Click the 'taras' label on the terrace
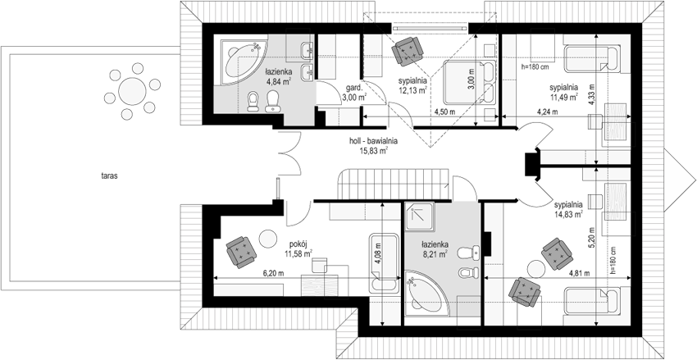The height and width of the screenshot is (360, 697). point(109,176)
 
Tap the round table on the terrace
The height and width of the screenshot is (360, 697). point(132,91)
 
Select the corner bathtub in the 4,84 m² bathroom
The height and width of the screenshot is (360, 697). point(244,62)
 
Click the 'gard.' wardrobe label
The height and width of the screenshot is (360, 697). point(348,88)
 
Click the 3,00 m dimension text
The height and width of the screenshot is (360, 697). point(471,79)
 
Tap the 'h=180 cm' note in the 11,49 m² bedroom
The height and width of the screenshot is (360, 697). point(535,67)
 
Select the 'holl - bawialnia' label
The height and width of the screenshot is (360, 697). point(373,141)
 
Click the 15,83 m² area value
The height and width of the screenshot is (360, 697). point(373,150)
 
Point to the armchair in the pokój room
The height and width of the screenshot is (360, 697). point(241,252)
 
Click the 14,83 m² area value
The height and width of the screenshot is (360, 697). point(568,214)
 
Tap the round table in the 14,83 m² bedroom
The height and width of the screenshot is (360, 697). point(535,269)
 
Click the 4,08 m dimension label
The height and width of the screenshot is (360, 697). point(378,253)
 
